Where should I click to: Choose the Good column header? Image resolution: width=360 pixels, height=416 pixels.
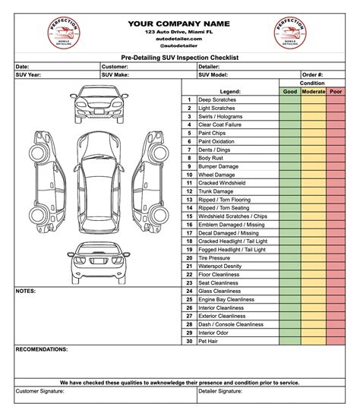tap(289, 91)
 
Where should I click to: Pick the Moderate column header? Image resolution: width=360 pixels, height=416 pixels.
tap(314, 91)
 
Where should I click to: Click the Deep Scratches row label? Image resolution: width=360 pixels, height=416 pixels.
tap(217, 99)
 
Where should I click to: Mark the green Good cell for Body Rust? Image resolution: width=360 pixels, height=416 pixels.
tap(289, 157)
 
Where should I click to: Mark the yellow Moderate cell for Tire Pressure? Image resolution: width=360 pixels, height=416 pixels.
tap(314, 257)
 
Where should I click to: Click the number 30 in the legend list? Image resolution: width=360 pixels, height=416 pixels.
tap(188, 341)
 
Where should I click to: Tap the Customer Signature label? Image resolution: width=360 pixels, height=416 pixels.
tap(39, 391)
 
